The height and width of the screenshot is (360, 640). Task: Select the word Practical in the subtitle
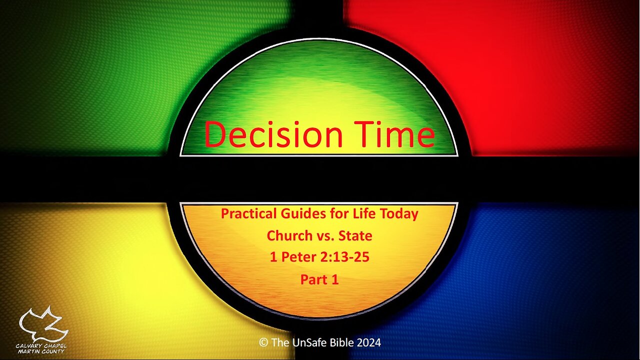(x=248, y=214)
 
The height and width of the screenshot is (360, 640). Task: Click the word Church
(x=290, y=235)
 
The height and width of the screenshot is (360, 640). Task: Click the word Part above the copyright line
(x=313, y=279)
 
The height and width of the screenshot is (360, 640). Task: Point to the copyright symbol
(x=263, y=342)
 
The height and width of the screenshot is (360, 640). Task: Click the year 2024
(x=369, y=342)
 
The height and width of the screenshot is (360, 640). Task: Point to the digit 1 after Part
(x=335, y=279)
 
